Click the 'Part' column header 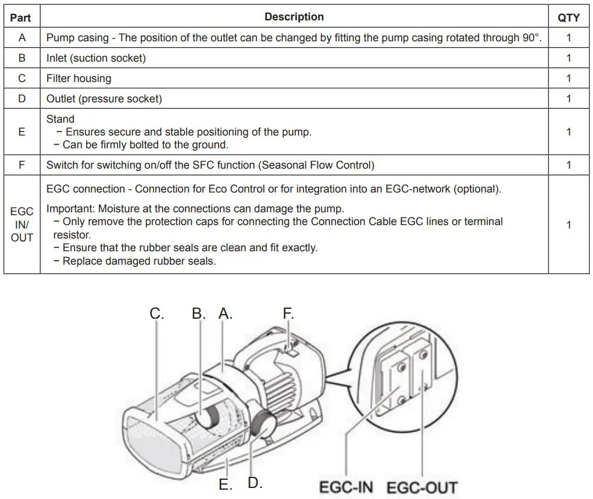(21, 17)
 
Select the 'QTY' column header (568, 17)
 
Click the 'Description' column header (294, 17)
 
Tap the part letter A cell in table (22, 38)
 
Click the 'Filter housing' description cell (78, 79)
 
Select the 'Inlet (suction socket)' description (96, 58)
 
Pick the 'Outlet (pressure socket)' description (104, 99)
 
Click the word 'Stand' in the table (60, 119)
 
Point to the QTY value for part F (568, 165)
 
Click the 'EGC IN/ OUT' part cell (22, 224)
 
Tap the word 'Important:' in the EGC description (70, 208)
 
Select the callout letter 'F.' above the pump (288, 313)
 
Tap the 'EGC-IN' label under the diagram (346, 487)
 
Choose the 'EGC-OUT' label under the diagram (422, 487)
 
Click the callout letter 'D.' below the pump (255, 483)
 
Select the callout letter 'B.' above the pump (199, 313)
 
